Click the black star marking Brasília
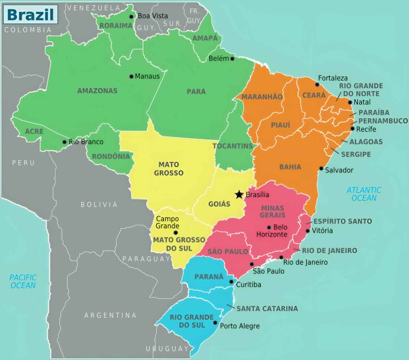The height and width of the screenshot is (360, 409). [239, 194]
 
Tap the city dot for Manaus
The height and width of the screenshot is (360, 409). [131, 76]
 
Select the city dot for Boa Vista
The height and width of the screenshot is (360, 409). [132, 16]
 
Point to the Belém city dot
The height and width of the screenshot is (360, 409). [232, 58]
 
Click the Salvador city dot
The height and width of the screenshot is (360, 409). [321, 169]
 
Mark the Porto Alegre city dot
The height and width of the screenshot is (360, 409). [216, 323]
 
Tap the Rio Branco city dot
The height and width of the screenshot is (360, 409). [65, 142]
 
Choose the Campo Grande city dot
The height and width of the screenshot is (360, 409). [175, 232]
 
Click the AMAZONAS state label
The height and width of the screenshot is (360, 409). [97, 91]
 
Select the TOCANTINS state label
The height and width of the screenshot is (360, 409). [232, 145]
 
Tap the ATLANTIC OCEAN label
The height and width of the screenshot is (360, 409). [364, 194]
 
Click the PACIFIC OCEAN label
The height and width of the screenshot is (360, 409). [22, 281]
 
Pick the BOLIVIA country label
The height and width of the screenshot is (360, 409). [99, 205]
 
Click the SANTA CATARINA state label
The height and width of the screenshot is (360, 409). [267, 308]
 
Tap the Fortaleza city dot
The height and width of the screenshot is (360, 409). [317, 85]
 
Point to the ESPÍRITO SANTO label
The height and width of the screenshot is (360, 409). [343, 221]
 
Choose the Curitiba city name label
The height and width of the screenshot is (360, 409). [249, 284]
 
